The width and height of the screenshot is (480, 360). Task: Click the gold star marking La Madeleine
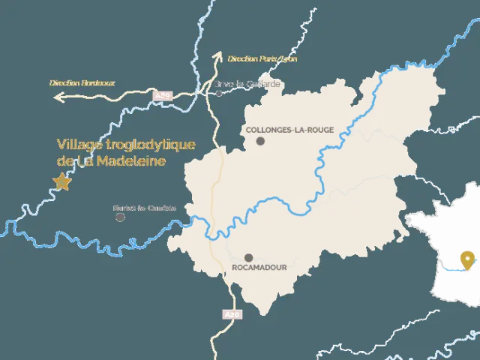[62, 181]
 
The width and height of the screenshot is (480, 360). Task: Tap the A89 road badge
[163, 96]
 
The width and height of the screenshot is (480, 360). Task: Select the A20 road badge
[232, 315]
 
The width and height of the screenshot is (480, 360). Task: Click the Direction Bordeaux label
[82, 83]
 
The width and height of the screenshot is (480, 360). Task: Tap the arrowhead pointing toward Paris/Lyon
[218, 55]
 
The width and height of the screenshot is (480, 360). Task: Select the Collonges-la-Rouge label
[290, 130]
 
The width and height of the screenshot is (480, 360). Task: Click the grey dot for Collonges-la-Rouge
[260, 141]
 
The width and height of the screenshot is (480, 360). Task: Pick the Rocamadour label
[259, 267]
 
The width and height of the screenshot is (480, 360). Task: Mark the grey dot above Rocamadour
[248, 257]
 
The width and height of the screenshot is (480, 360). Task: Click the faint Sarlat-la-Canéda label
[144, 208]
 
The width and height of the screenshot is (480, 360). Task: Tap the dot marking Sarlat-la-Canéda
[120, 217]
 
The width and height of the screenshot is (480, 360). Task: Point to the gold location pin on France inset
[469, 259]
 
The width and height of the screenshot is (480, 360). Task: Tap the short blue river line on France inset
[452, 267]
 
